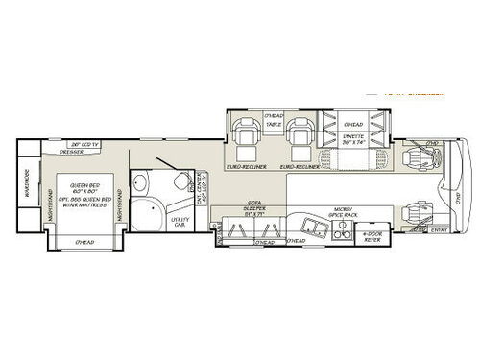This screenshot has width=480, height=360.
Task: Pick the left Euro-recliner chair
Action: point(246,144)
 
